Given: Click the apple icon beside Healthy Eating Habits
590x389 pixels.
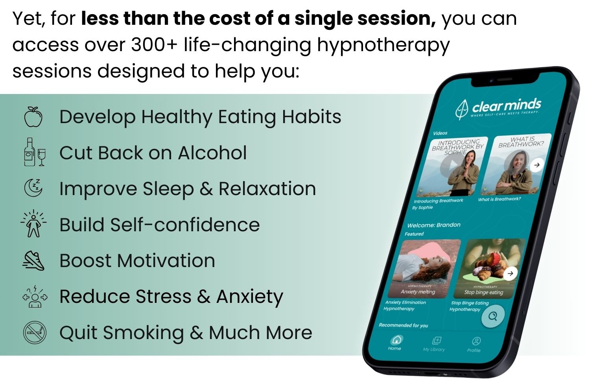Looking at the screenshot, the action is point(33,117).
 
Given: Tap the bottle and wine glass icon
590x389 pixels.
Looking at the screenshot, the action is point(35,152).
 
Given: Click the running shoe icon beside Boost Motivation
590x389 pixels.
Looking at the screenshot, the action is point(33,260).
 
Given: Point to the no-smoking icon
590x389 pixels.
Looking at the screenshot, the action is point(35,332).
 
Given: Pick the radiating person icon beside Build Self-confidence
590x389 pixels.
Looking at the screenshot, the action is point(34,223).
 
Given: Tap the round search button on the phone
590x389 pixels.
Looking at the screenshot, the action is point(493,316).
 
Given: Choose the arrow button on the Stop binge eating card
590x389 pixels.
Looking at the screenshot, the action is point(510,273).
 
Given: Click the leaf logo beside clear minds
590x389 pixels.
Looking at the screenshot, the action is point(462,110).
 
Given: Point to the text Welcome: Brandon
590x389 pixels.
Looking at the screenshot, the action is point(434,225).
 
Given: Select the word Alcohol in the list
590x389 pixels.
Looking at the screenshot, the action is point(212,153).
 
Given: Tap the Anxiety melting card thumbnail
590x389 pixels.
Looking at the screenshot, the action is point(424,268).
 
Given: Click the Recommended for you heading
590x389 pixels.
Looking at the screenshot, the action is point(403,325).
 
